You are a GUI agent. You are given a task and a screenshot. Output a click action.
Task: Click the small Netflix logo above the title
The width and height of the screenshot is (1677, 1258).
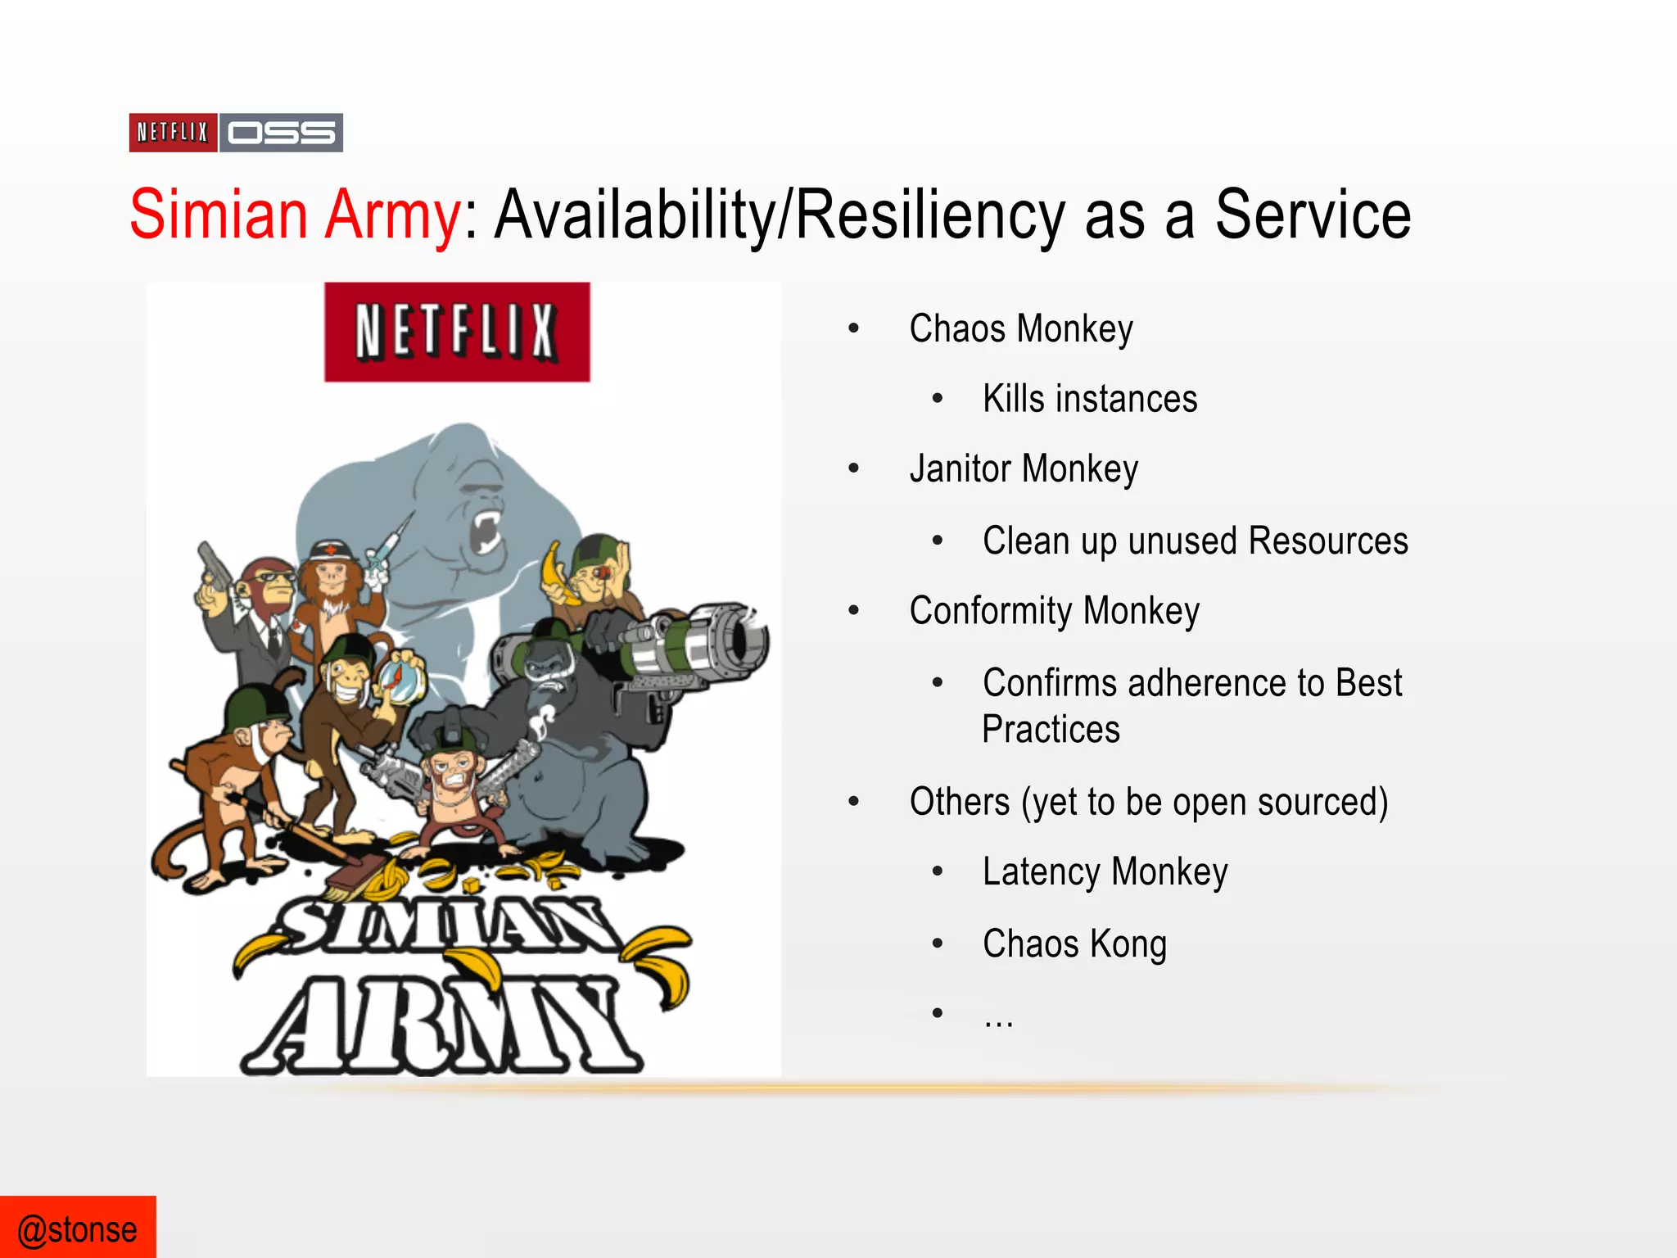[173, 133]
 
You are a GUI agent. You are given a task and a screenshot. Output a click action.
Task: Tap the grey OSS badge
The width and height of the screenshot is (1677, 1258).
[282, 133]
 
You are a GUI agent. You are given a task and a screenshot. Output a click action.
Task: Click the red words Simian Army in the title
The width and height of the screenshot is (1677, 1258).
[296, 215]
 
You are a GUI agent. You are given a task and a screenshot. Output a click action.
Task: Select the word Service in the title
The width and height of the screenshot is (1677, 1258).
[1313, 215]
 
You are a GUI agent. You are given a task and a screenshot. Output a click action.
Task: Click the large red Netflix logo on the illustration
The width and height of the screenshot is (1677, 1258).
[457, 332]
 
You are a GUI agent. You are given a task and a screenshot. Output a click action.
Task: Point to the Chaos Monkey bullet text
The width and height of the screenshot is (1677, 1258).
[1021, 329]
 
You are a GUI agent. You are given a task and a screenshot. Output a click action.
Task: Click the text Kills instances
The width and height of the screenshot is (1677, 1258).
[1090, 399]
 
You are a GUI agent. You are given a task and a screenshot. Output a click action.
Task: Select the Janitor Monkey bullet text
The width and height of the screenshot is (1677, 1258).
[1024, 469]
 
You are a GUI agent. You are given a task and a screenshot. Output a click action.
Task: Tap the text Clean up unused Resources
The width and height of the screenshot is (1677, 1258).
[1195, 541]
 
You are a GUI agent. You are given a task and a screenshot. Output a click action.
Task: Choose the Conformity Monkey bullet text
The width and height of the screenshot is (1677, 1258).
[1054, 611]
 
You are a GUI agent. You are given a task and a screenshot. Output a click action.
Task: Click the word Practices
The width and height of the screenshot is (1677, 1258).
[1051, 729]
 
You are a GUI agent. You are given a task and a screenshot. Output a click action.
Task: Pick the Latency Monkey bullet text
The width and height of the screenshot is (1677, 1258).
[1105, 871]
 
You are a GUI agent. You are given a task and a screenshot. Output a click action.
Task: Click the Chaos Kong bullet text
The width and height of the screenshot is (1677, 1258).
[1074, 943]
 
